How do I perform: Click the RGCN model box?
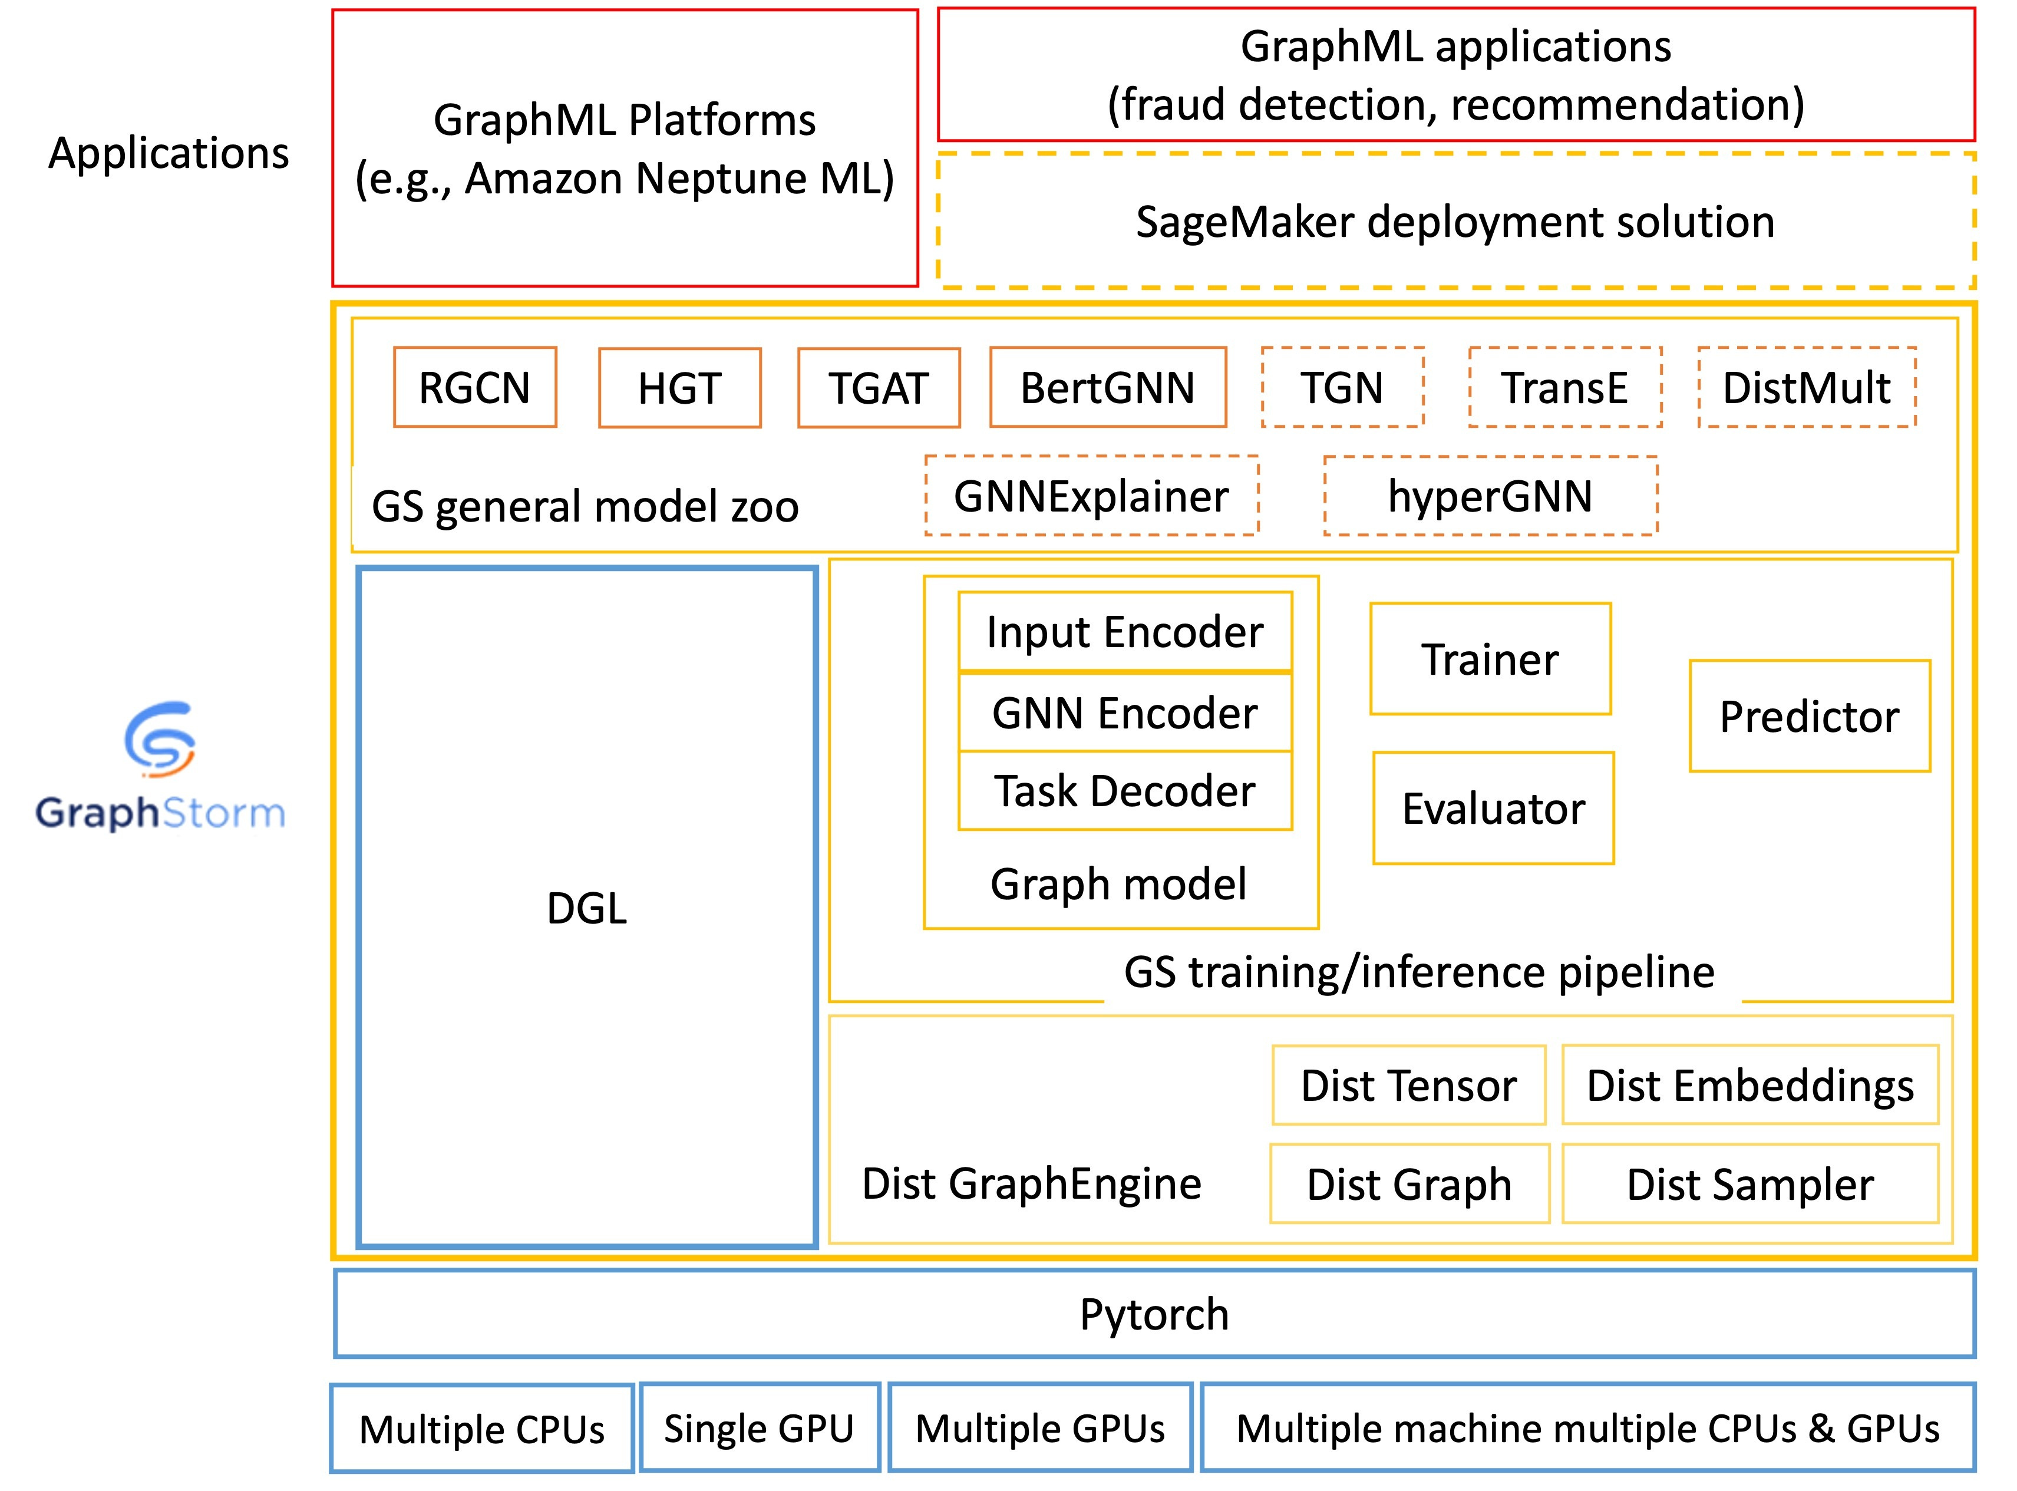[475, 387]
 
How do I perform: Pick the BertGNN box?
[1108, 387]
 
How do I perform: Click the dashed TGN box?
[1343, 387]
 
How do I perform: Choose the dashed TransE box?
[1566, 387]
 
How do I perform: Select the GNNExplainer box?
[1092, 496]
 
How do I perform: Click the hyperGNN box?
[1491, 496]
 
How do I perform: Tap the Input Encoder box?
[1125, 632]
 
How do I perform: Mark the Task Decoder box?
[1125, 791]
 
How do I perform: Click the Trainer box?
[1491, 659]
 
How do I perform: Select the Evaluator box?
[1494, 808]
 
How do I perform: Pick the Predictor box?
[1810, 715]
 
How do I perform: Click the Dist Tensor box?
[1409, 1085]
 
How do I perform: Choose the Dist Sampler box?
[1751, 1184]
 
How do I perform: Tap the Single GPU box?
[760, 1429]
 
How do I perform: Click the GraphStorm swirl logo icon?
[160, 739]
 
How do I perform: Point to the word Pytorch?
[1154, 1314]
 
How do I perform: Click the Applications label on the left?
[169, 153]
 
